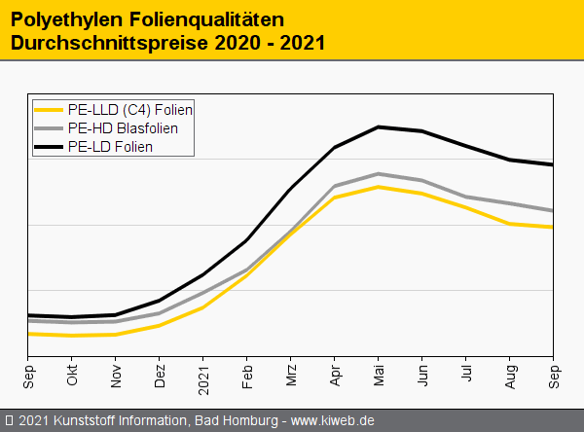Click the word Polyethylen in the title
(63, 18)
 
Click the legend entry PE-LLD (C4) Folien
(130, 110)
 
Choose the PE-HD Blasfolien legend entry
(123, 128)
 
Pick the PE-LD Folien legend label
(110, 147)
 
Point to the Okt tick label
(72, 375)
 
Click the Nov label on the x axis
(116, 375)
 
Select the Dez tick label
(160, 375)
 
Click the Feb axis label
(247, 375)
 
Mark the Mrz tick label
(291, 375)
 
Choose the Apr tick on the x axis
(335, 375)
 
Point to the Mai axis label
(379, 375)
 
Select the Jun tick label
(422, 375)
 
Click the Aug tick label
(510, 375)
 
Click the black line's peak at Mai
(379, 126)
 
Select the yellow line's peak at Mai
(379, 187)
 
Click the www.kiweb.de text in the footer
(333, 420)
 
